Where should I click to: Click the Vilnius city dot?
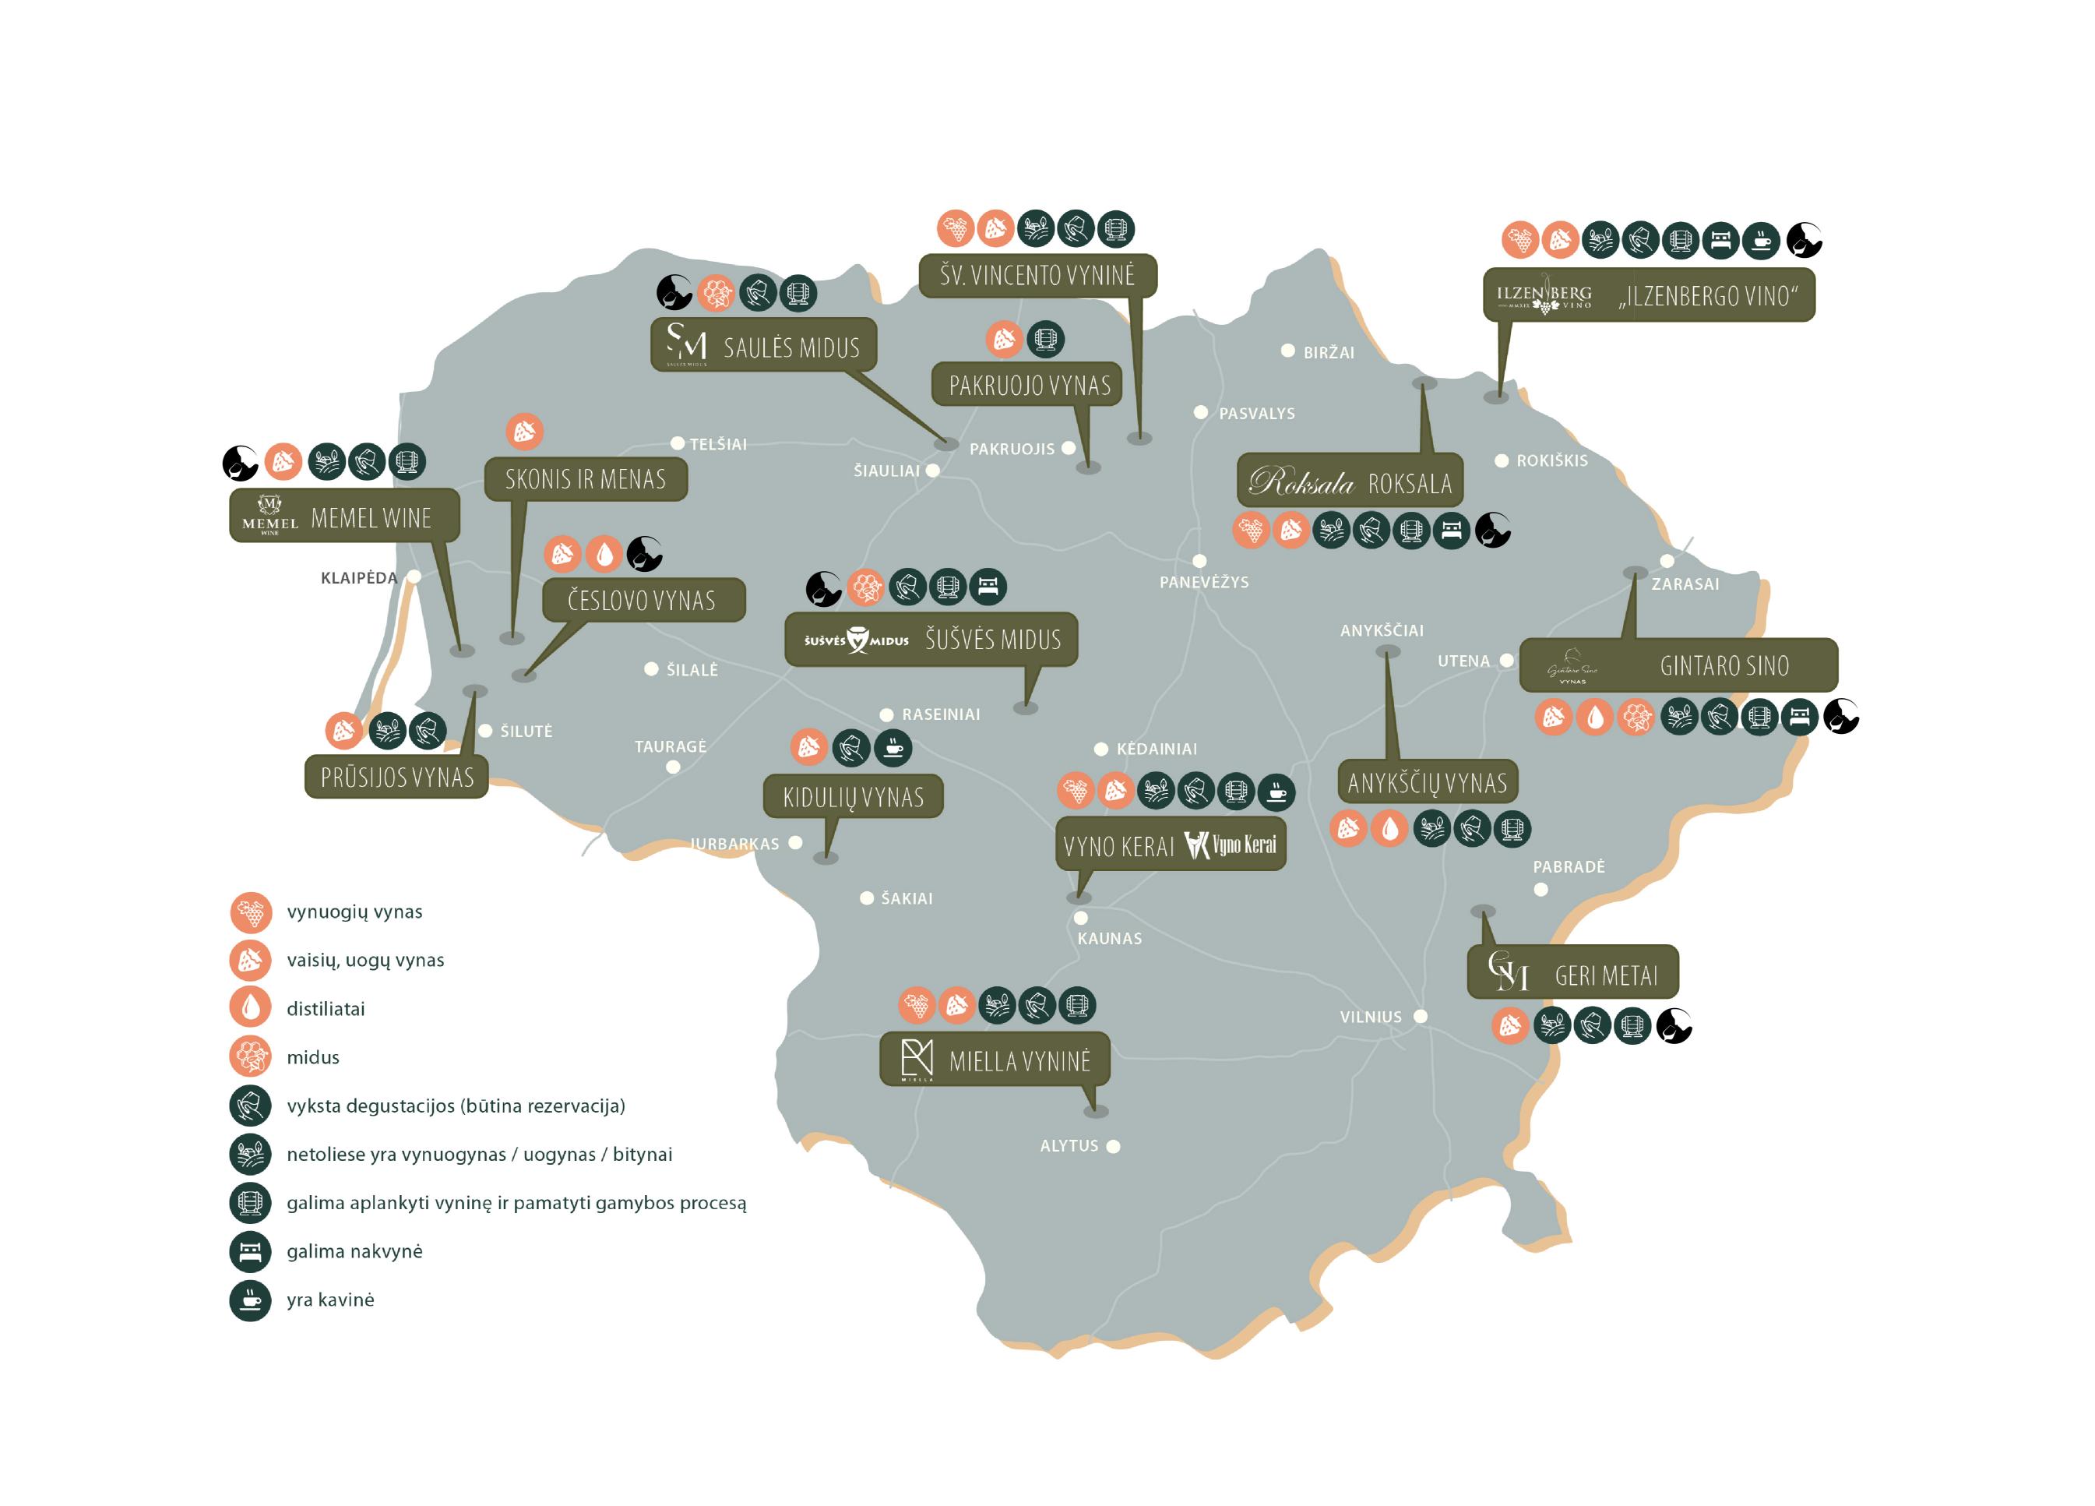point(1421,1016)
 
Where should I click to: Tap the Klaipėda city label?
point(358,578)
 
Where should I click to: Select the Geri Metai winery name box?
point(1572,972)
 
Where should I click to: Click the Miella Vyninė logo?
point(917,1059)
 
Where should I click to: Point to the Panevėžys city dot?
point(1199,561)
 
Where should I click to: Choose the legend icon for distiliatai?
point(250,1007)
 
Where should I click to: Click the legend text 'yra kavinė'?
point(329,1300)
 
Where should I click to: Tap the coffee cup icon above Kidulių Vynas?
point(893,747)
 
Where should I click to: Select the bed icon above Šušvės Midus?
point(988,587)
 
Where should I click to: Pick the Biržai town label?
point(1329,353)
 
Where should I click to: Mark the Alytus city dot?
point(1113,1147)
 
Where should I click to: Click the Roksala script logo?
point(1300,482)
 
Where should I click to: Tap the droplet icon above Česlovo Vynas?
point(604,555)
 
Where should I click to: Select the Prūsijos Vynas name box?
point(396,777)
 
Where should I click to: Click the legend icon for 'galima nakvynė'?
point(250,1252)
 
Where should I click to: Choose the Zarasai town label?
point(1685,584)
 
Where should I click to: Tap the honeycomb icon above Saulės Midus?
point(715,294)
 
